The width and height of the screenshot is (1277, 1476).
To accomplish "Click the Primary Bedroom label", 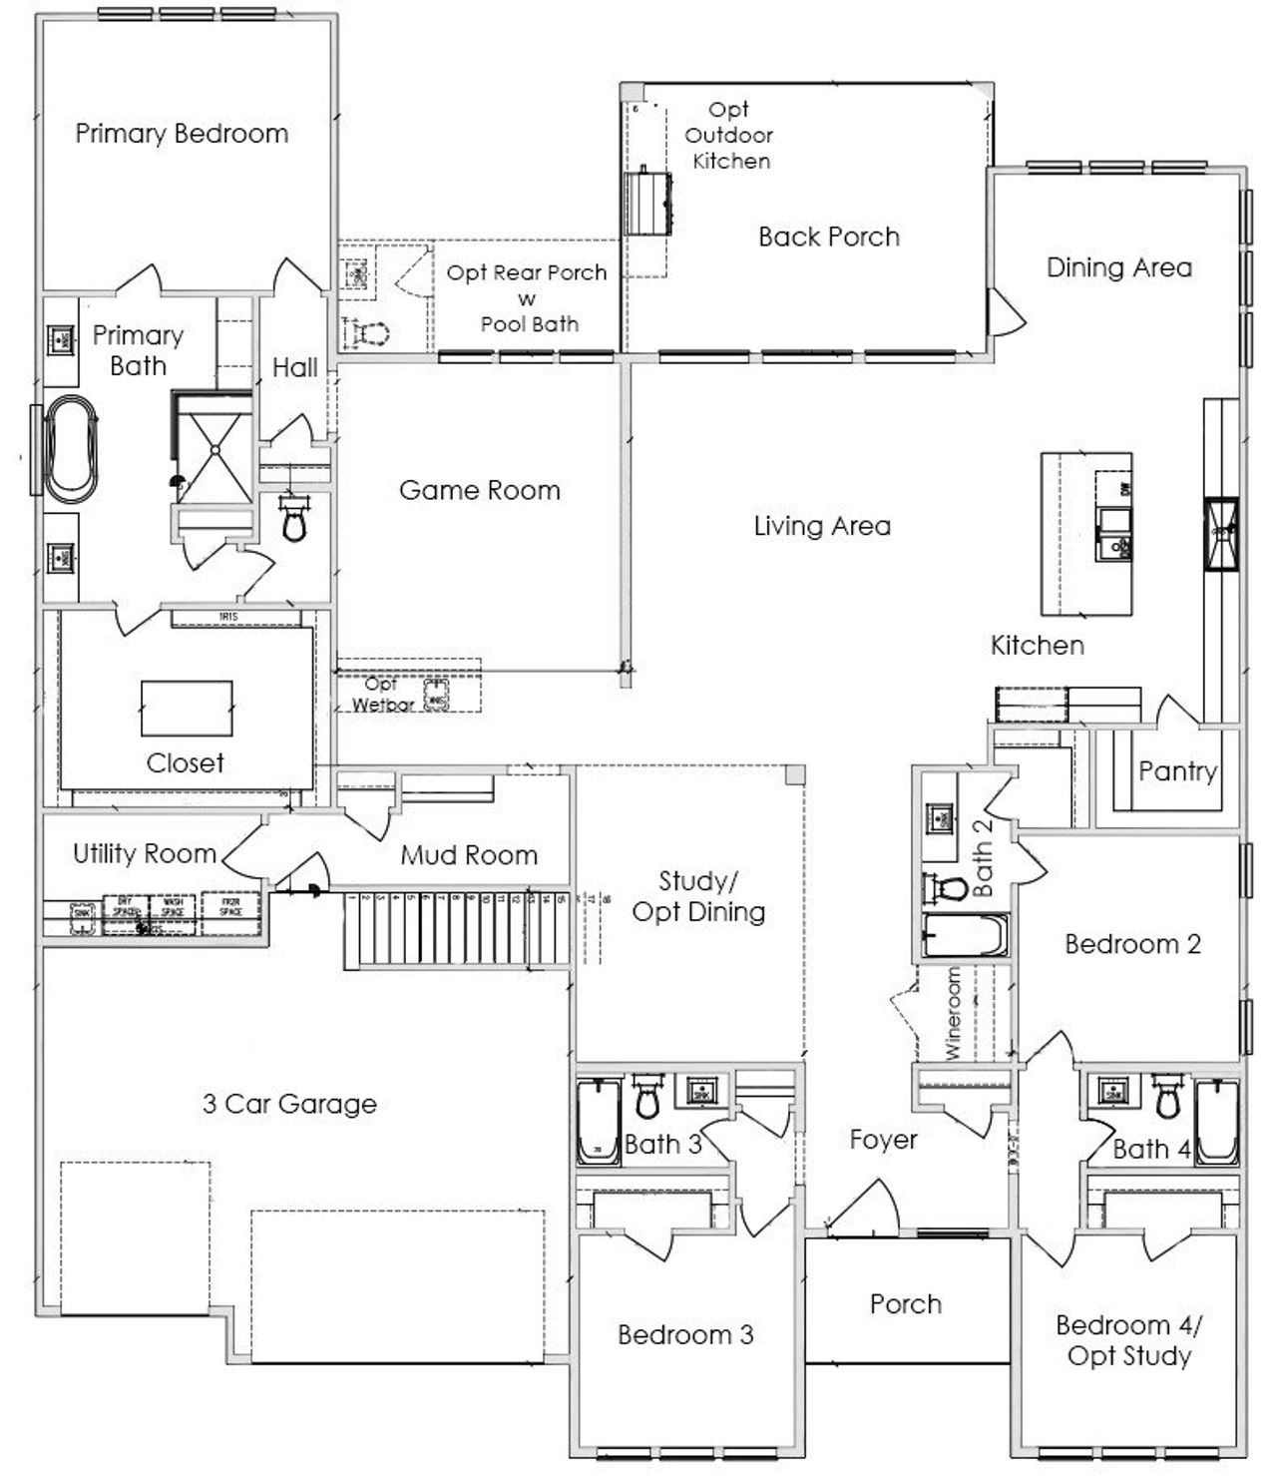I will pos(182,134).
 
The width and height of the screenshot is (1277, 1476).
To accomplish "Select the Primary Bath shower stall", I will pos(213,450).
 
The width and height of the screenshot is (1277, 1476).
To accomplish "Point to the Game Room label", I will pos(480,490).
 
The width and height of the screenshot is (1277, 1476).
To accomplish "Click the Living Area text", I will pos(822,526).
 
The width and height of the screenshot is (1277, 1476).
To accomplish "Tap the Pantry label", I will pos(1177,771).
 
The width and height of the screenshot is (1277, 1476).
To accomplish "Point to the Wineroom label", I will pos(953,1012).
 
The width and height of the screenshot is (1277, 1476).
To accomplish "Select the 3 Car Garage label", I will pos(289,1104).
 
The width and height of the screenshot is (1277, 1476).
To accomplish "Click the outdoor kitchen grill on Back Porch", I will pos(647,202).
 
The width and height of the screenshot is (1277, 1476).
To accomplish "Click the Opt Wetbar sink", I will pos(436,696).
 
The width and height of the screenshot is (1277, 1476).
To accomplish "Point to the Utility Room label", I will pos(145,853).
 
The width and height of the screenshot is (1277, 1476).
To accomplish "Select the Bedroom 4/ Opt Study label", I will pos(1128,1340).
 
